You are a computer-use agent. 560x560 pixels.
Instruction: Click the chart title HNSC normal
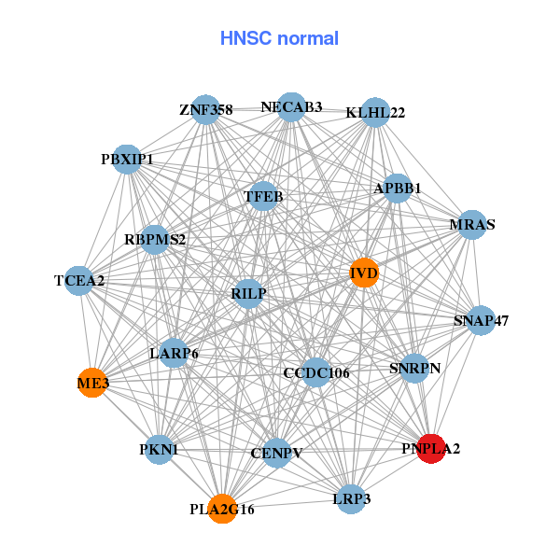(279, 38)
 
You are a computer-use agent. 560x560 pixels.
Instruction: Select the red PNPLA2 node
(430, 448)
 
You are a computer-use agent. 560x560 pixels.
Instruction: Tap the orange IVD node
(364, 272)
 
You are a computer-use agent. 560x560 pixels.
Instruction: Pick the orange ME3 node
(92, 382)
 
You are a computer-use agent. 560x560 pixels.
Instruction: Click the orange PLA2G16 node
(222, 509)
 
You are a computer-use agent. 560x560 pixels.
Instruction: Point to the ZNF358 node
(205, 110)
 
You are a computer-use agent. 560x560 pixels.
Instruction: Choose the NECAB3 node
(291, 106)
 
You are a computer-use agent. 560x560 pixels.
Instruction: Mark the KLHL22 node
(375, 113)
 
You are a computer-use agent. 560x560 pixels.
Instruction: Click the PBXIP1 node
(127, 159)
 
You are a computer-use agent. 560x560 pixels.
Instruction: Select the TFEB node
(263, 196)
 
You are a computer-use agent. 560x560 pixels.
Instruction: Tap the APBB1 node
(398, 188)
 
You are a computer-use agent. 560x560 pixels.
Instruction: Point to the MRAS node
(472, 225)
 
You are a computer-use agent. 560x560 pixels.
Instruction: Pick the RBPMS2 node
(155, 239)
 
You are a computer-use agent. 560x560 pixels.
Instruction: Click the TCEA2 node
(79, 280)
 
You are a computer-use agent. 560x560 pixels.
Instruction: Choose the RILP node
(249, 294)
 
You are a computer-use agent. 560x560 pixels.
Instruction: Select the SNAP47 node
(481, 321)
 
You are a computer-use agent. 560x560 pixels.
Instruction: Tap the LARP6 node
(174, 353)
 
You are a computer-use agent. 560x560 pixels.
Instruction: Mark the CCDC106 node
(316, 372)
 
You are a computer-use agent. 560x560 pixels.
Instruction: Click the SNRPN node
(414, 367)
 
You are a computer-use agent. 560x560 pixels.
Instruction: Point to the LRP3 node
(352, 498)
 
